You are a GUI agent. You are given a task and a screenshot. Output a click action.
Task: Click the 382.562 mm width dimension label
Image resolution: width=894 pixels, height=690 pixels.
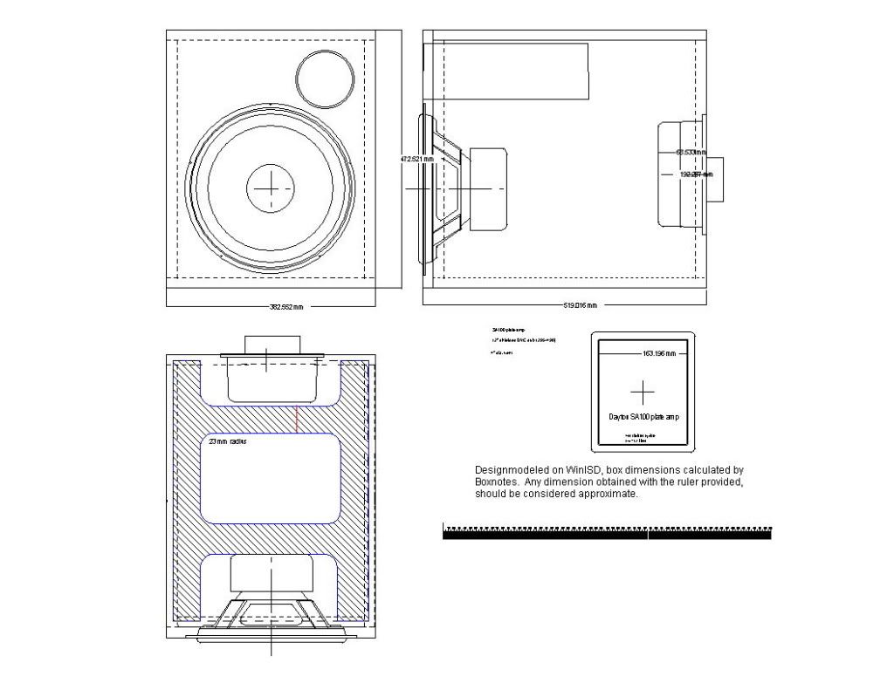click(x=286, y=307)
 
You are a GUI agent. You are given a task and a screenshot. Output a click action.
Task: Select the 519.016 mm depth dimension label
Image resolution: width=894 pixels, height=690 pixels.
click(x=581, y=305)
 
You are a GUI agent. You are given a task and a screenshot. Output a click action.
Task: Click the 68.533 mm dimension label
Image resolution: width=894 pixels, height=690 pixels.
click(x=691, y=153)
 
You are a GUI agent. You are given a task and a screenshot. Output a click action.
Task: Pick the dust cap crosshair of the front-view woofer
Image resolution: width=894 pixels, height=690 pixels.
click(x=272, y=188)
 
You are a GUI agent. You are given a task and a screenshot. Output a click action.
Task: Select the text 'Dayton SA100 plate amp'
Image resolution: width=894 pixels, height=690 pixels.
click(x=643, y=417)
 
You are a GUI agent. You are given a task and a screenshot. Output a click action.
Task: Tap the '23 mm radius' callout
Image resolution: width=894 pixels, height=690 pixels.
click(x=228, y=442)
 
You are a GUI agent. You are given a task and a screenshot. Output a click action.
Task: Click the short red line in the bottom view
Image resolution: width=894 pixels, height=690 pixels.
click(x=297, y=418)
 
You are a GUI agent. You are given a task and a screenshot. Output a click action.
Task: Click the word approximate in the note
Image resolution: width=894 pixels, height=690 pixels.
click(x=609, y=494)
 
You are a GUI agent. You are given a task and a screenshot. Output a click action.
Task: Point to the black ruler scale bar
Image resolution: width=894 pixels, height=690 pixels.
click(x=607, y=534)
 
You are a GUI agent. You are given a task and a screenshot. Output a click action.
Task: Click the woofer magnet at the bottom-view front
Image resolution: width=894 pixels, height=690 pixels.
click(x=272, y=574)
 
